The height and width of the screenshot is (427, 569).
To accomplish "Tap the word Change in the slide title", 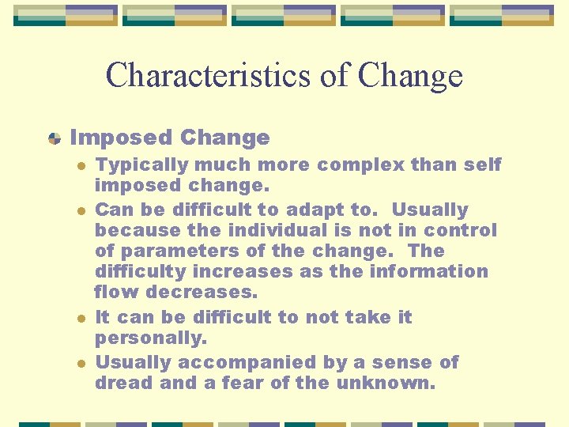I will (x=409, y=76).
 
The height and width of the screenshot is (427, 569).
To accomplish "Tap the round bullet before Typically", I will (x=80, y=165).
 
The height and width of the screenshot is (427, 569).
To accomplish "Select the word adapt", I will (x=311, y=210).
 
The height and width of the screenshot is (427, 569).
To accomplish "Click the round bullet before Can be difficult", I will (x=80, y=210).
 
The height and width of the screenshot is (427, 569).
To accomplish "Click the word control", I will (x=460, y=231).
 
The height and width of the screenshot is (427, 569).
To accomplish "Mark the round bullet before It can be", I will (x=80, y=317).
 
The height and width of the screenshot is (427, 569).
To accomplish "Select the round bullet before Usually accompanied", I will (x=80, y=362).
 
